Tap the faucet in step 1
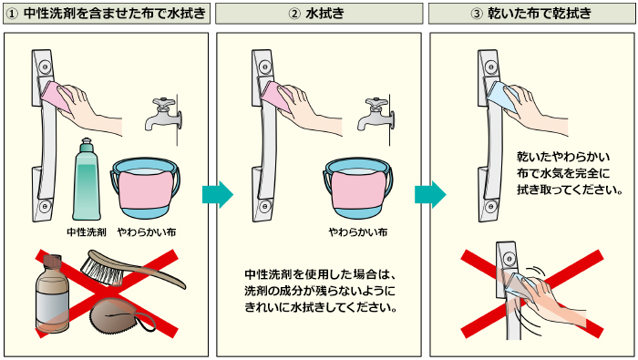pos(163,115)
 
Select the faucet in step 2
pos(376,115)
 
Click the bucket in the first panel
pos(145,188)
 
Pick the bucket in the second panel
pos(358,188)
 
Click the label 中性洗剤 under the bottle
pos(87,232)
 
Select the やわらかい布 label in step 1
pos(147,232)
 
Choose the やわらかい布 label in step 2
pos(358,232)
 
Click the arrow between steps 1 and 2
pos(218,194)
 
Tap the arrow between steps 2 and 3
pos(430,194)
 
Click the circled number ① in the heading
pos(12,14)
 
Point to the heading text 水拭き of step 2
pos(324,14)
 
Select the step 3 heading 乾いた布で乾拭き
pos(540,14)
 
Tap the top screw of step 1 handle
pos(45,67)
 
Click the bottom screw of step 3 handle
pos(490,207)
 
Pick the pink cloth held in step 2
pos(277,97)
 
